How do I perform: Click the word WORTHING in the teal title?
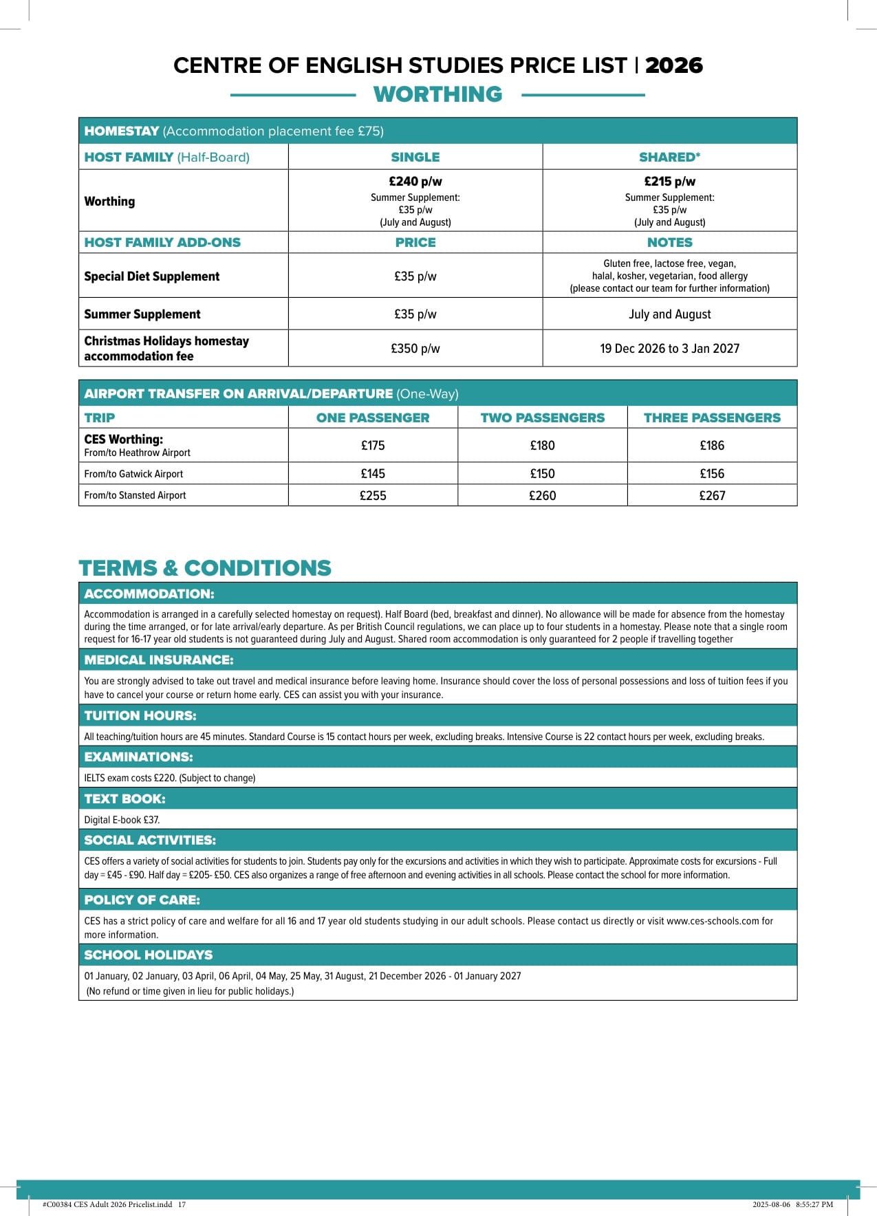pyautogui.click(x=437, y=94)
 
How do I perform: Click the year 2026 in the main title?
pyautogui.click(x=673, y=65)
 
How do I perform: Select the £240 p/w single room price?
pyautogui.click(x=415, y=182)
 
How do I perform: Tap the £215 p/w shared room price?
pyautogui.click(x=669, y=182)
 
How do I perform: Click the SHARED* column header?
pyautogui.click(x=669, y=157)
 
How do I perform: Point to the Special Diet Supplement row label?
pyautogui.click(x=152, y=276)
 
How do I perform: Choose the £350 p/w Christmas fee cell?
pyautogui.click(x=415, y=349)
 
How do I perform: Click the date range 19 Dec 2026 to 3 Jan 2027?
pyautogui.click(x=669, y=349)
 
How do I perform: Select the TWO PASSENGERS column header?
pyautogui.click(x=542, y=417)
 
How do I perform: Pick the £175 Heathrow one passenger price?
pyautogui.click(x=373, y=446)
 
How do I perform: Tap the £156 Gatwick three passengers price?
pyautogui.click(x=712, y=474)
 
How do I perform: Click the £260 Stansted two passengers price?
pyautogui.click(x=542, y=495)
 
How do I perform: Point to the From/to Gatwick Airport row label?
pyautogui.click(x=133, y=474)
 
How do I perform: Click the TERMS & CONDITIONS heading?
pyautogui.click(x=205, y=568)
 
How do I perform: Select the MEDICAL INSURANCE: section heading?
pyautogui.click(x=159, y=660)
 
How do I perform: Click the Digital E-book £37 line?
pyautogui.click(x=122, y=820)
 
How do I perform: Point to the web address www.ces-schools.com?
pyautogui.click(x=713, y=921)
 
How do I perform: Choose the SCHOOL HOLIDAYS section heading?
pyautogui.click(x=149, y=955)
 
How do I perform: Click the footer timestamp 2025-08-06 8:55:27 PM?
pyautogui.click(x=792, y=1204)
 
